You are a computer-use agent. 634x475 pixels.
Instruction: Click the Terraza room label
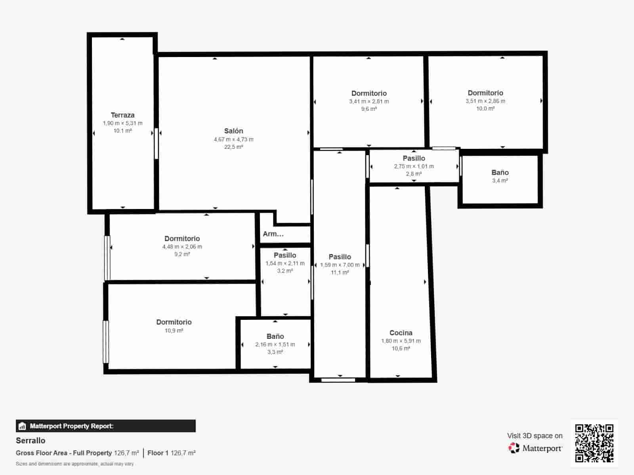(x=122, y=115)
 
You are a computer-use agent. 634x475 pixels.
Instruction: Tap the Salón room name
(x=233, y=131)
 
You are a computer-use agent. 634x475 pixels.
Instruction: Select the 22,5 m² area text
(x=233, y=147)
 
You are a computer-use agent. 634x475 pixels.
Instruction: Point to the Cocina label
(x=401, y=333)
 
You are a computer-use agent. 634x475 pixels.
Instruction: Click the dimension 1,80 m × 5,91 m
(x=401, y=341)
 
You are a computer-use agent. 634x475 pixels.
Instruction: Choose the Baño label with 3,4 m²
(x=500, y=173)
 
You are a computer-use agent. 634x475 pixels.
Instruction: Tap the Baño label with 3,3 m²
(x=275, y=336)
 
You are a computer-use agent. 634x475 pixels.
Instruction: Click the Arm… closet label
(x=273, y=234)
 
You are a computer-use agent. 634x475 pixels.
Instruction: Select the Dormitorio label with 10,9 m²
(x=174, y=322)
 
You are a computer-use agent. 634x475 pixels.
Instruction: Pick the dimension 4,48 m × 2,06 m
(x=182, y=247)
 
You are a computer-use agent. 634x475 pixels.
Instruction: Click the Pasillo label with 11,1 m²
(x=340, y=257)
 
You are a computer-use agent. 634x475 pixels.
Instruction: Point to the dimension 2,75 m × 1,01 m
(x=414, y=166)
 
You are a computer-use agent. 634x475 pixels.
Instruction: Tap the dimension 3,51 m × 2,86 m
(x=485, y=101)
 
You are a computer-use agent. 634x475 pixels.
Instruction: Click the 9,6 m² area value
(x=369, y=109)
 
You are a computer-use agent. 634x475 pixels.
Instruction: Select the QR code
(x=594, y=443)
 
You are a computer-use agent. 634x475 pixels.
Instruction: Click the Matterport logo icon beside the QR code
(x=514, y=448)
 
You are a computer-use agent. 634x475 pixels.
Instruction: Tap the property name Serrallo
(x=31, y=441)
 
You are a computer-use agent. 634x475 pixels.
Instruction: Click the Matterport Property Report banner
(x=105, y=426)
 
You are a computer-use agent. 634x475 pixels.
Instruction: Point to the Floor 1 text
(x=158, y=453)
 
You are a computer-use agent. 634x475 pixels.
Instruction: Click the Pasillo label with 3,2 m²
(x=285, y=255)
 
